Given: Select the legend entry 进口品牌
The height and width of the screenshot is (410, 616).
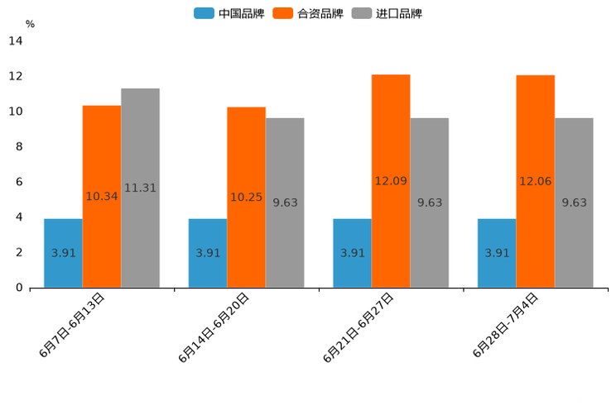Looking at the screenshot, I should [387, 13].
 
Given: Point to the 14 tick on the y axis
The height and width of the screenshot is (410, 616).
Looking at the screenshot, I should [16, 41].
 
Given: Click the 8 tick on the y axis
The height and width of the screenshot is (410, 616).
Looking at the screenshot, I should [18, 147].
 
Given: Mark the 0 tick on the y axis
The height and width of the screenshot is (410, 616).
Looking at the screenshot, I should [18, 288].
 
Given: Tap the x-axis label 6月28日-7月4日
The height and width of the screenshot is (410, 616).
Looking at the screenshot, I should [506, 325].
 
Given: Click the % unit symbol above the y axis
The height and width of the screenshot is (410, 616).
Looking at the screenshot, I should [30, 24].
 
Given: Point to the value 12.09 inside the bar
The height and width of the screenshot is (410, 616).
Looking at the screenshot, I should [391, 181].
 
